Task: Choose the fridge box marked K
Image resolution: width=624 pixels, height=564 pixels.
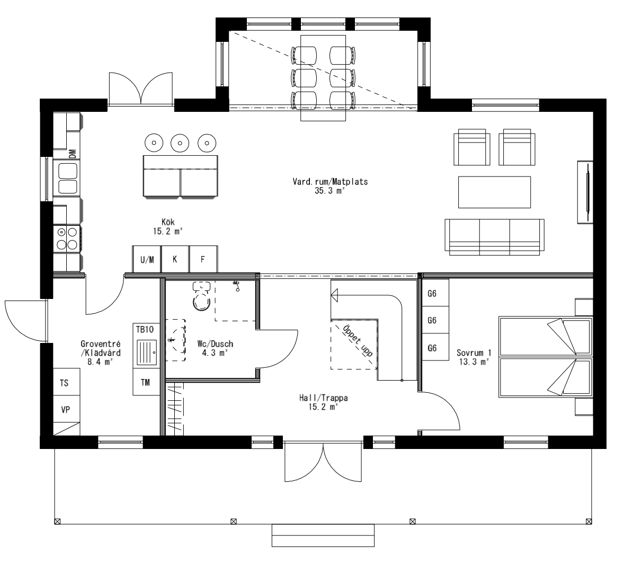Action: (175, 260)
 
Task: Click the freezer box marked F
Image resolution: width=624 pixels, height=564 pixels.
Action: (203, 260)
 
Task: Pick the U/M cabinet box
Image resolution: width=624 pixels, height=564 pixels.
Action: (147, 260)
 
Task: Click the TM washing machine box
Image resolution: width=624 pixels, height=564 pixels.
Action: (145, 382)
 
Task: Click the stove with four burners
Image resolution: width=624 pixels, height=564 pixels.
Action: (67, 238)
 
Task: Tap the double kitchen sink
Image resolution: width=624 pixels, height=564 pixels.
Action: (67, 178)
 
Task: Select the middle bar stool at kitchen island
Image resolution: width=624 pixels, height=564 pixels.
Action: (180, 142)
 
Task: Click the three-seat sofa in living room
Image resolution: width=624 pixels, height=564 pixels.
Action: (494, 236)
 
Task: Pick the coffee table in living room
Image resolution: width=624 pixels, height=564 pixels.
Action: (494, 192)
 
